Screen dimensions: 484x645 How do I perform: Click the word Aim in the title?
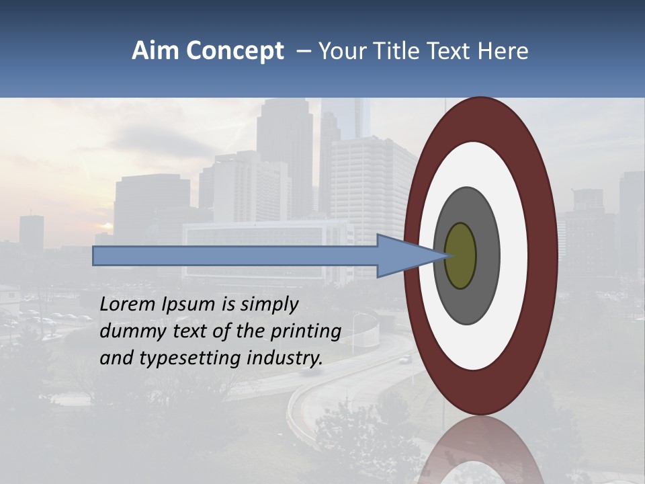coord(155,51)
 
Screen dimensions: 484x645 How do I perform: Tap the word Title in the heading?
coord(394,51)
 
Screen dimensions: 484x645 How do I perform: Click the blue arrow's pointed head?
coord(403,256)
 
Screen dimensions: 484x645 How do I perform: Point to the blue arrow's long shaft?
coord(235,256)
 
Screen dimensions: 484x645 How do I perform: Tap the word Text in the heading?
coord(449,51)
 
